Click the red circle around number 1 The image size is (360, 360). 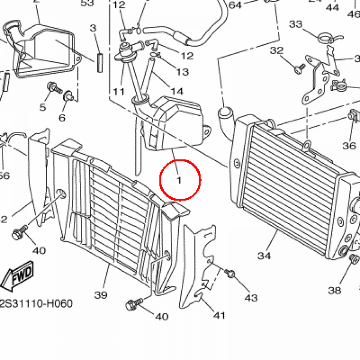[180, 180]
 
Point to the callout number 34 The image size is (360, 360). [264, 256]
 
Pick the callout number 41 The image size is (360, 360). [219, 315]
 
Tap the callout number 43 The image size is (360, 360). [251, 298]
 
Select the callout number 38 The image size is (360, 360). [334, 290]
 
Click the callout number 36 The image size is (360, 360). [349, 145]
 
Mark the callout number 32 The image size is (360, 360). [277, 51]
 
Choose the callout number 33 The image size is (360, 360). [296, 24]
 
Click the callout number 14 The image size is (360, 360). [178, 91]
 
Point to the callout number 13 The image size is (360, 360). [182, 72]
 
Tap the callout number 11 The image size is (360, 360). [119, 92]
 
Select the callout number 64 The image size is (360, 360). [235, 5]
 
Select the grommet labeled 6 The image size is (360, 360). [68, 96]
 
